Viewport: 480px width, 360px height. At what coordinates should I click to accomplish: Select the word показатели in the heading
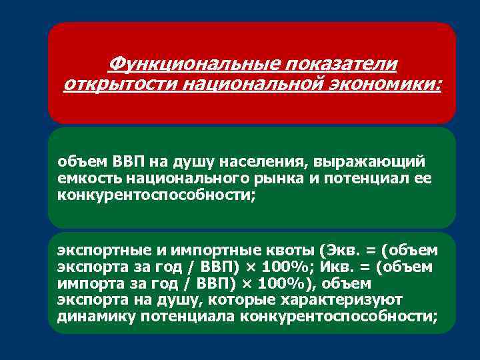341,65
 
